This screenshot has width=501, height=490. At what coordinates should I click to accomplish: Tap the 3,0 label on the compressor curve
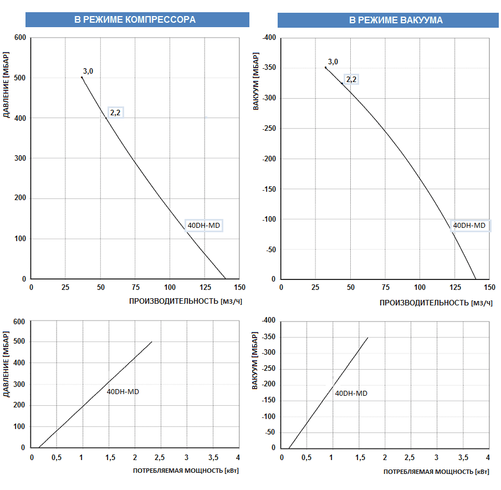[x=88, y=71]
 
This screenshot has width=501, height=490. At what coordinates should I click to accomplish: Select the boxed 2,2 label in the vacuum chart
[x=351, y=79]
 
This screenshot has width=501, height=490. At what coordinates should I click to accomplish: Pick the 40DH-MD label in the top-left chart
[x=204, y=226]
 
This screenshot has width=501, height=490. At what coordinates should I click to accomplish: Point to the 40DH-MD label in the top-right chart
[x=469, y=225]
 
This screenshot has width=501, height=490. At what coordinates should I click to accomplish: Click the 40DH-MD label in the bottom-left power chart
[x=123, y=391]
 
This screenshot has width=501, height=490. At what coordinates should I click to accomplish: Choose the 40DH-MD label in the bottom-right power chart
[x=351, y=393]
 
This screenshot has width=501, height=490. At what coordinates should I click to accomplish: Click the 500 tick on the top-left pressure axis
[x=20, y=78]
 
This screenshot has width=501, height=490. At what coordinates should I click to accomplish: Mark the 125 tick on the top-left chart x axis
[x=205, y=288]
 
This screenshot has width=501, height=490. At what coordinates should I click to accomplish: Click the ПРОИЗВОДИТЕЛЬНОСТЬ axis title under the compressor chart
[x=186, y=302]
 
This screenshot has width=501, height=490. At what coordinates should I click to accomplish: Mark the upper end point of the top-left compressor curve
[x=82, y=78]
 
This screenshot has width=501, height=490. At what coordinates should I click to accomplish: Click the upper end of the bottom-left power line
[x=152, y=341]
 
